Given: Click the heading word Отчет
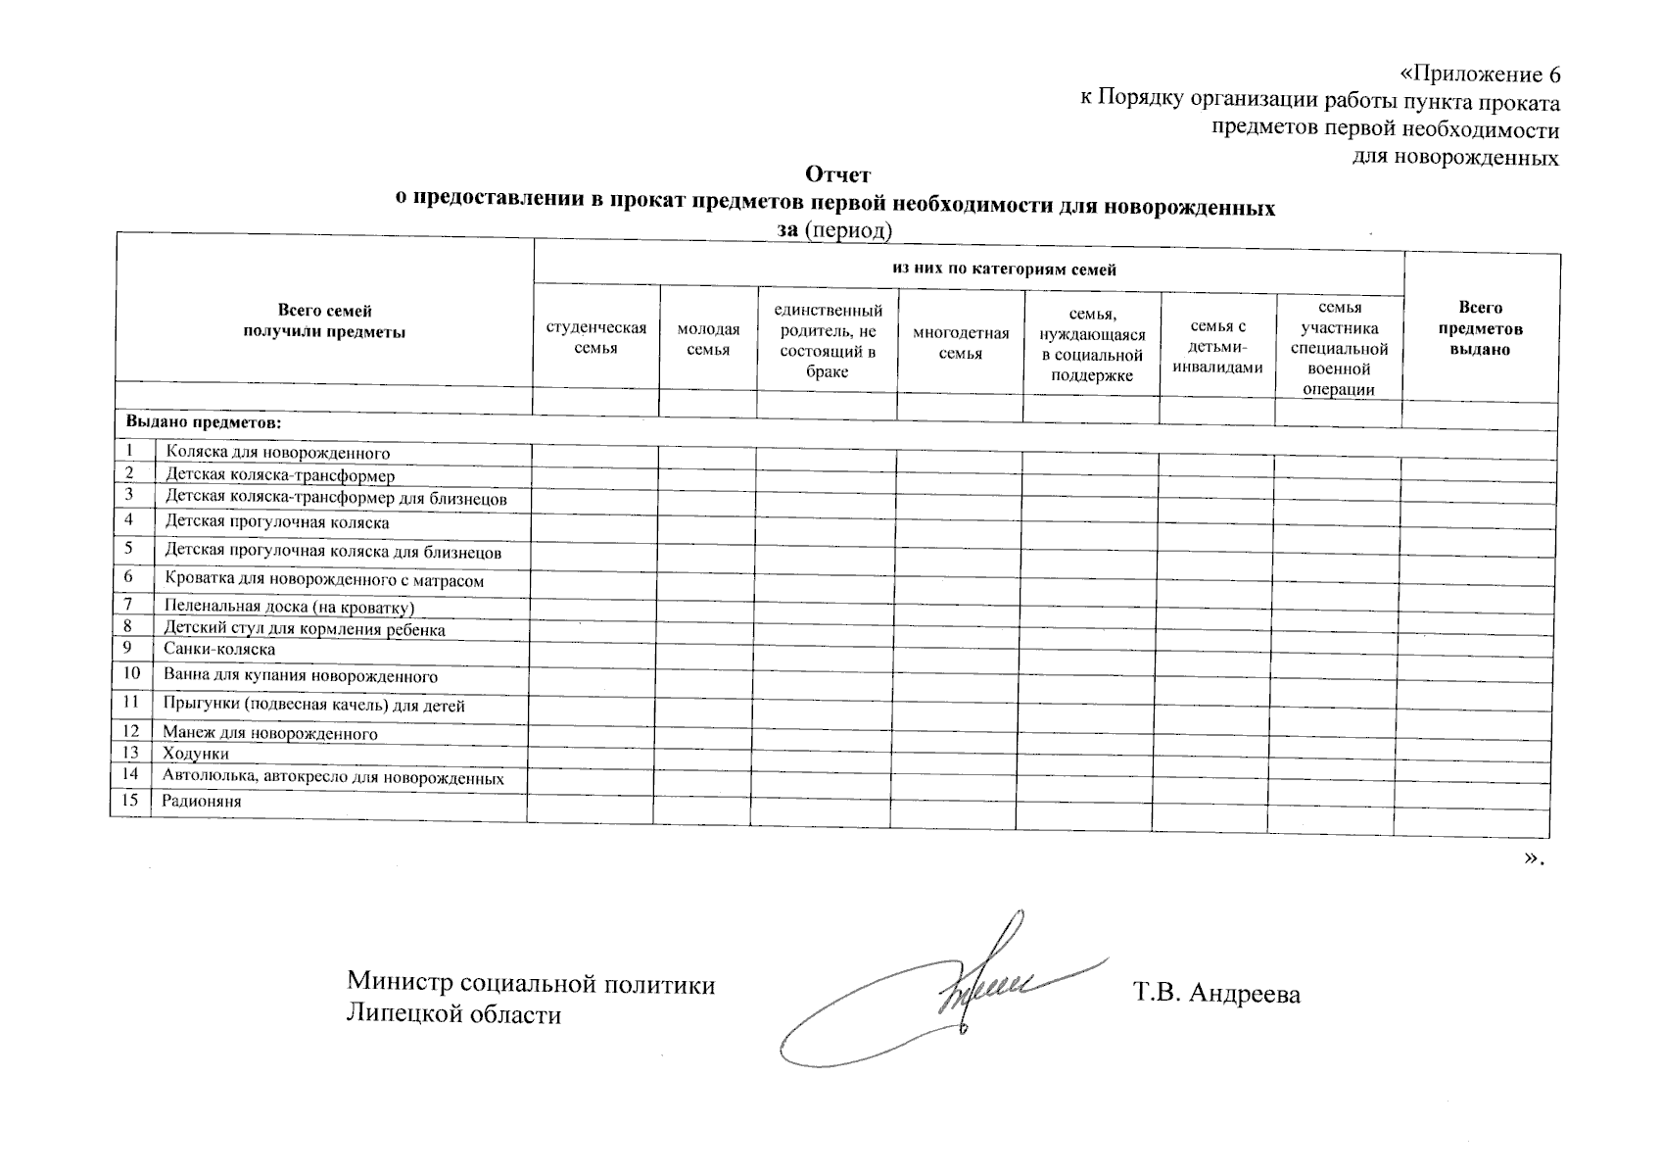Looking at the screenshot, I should coord(837,175).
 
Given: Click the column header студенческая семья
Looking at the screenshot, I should coord(595,338).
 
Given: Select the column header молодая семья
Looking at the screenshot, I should coord(708,339).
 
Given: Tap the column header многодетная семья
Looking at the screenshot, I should coord(960,343).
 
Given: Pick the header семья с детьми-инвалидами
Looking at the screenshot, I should coord(1217,347).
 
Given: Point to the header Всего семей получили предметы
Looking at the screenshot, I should coord(324,321).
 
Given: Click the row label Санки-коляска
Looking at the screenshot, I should coord(219,649).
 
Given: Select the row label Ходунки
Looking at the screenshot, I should coord(196,754).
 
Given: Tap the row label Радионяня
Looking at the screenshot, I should coord(202,801).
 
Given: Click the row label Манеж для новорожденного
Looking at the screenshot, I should coord(270,733).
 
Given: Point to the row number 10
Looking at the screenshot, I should coord(131,673).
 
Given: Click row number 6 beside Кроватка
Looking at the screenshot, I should coord(129,577).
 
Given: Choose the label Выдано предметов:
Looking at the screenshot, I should coord(203,422).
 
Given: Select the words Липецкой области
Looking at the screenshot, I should coord(454,1014).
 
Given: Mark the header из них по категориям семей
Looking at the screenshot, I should coord(1004,269).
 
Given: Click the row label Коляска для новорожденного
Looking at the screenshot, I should coord(277,453).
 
